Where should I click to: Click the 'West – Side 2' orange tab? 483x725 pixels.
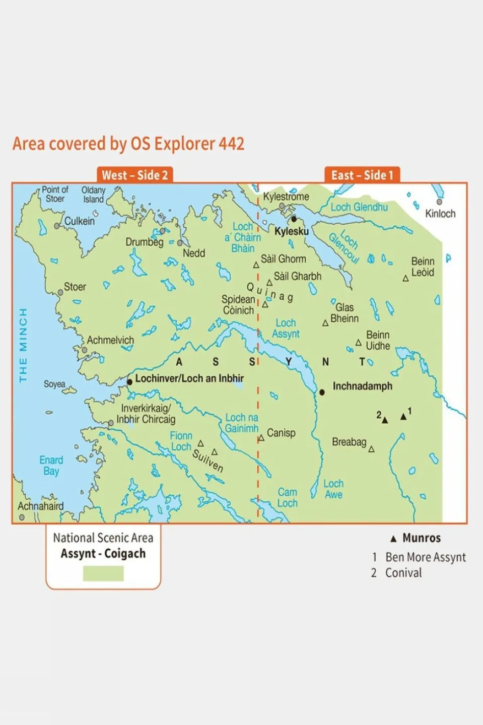(x=134, y=175)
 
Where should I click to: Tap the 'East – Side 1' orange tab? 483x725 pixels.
(x=362, y=175)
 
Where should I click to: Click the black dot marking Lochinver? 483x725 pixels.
(x=129, y=382)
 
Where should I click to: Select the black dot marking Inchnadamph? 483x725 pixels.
(x=322, y=392)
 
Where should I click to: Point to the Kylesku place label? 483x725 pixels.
(x=291, y=231)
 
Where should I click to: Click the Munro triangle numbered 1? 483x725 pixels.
(x=403, y=417)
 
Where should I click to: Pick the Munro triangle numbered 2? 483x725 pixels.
(x=385, y=420)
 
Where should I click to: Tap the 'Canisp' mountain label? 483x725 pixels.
(x=281, y=433)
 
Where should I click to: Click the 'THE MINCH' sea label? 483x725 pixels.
(x=23, y=345)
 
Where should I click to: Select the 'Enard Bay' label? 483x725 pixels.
(x=51, y=466)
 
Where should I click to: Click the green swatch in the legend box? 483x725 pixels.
(x=103, y=573)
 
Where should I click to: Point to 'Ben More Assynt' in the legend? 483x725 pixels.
(x=425, y=557)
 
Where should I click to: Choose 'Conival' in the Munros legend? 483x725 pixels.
(x=403, y=573)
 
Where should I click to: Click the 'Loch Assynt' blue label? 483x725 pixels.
(x=286, y=328)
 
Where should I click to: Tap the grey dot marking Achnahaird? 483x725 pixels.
(x=22, y=517)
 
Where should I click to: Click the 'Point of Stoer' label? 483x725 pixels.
(x=54, y=194)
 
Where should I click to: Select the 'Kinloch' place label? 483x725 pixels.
(x=440, y=214)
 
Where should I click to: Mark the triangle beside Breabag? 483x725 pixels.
(x=371, y=449)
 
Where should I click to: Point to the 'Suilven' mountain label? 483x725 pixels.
(x=208, y=460)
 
